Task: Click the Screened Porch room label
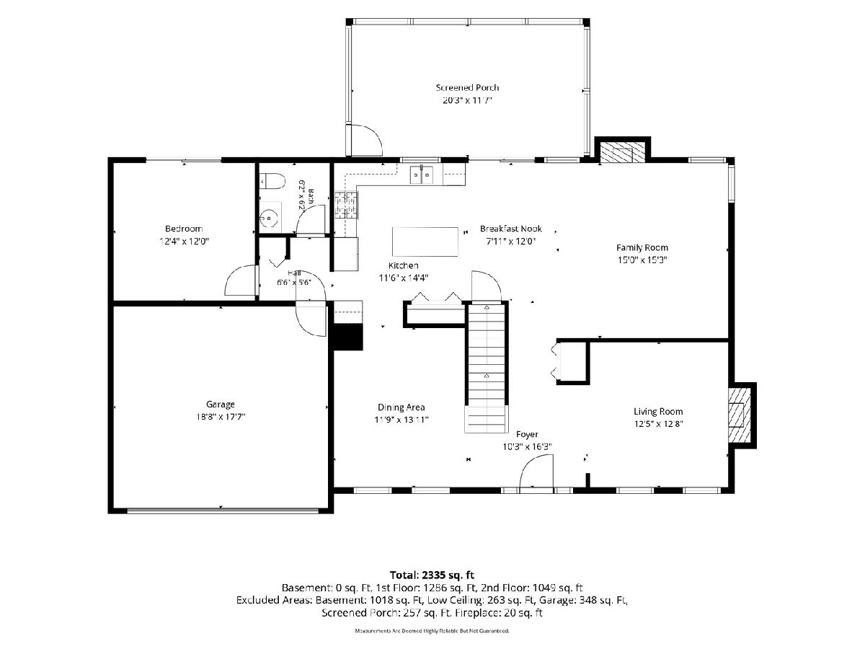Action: [x=467, y=87]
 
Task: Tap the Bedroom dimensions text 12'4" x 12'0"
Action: [x=184, y=241]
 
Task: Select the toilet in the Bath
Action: [x=272, y=181]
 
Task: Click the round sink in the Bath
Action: [x=270, y=217]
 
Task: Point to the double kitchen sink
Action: [x=421, y=175]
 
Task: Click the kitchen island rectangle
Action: [x=425, y=242]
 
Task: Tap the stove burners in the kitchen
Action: [x=347, y=205]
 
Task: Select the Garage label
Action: [x=221, y=404]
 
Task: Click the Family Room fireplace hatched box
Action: [x=622, y=151]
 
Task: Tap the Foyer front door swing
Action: [x=537, y=473]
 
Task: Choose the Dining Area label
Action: [x=402, y=407]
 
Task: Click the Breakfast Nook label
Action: [x=511, y=229]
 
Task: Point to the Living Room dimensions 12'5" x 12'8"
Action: [x=658, y=424]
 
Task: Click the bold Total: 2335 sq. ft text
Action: [x=432, y=575]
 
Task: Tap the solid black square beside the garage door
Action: [x=347, y=337]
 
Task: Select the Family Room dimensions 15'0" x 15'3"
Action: [x=642, y=260]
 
